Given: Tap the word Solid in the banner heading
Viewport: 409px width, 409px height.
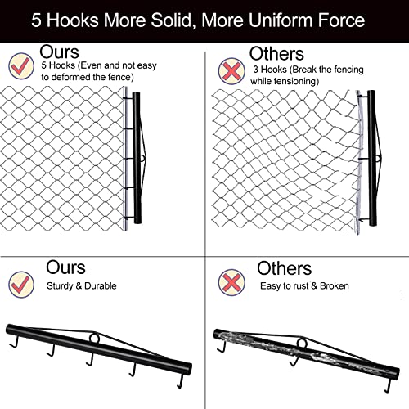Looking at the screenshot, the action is (172, 20).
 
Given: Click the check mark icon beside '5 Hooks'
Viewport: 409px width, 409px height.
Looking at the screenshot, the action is (21, 65).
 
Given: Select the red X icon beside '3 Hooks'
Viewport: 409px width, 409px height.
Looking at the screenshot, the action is (231, 71).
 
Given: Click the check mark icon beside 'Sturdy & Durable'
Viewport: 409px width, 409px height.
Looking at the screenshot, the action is (21, 284).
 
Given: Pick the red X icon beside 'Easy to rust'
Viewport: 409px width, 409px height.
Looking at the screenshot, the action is (231, 282).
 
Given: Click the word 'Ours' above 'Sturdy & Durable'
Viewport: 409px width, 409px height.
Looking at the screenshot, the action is (65, 267).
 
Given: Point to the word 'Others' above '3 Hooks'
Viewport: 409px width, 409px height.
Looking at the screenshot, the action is (276, 54).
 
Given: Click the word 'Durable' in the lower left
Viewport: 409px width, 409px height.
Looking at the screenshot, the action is (101, 285).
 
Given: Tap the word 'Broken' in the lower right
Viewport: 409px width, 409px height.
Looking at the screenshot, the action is (335, 285).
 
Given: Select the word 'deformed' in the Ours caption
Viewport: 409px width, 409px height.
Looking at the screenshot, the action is (70, 77).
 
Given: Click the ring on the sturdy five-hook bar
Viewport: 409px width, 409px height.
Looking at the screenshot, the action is (94, 338).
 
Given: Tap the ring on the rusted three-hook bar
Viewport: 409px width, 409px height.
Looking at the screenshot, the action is (302, 344).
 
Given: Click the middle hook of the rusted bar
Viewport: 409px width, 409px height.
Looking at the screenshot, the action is (294, 361).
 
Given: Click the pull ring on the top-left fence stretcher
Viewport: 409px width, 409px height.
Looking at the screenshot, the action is (143, 158).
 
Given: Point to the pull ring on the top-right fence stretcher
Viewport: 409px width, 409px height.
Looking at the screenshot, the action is (378, 158).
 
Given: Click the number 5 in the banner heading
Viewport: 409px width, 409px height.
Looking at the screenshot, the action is (36, 20).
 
